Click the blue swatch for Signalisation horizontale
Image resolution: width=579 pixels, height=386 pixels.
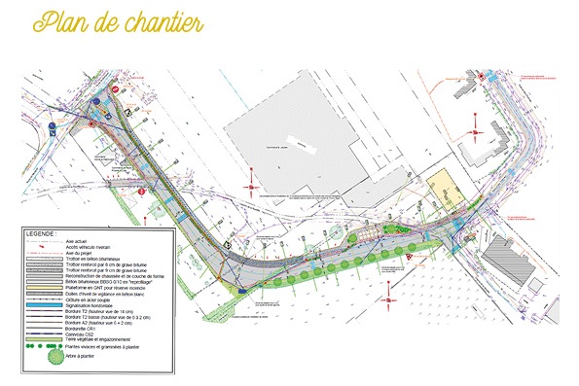coord(45,305)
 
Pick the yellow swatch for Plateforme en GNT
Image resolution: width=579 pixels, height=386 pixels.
coord(45,287)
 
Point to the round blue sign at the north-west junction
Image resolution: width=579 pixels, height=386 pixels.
coord(93,98)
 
